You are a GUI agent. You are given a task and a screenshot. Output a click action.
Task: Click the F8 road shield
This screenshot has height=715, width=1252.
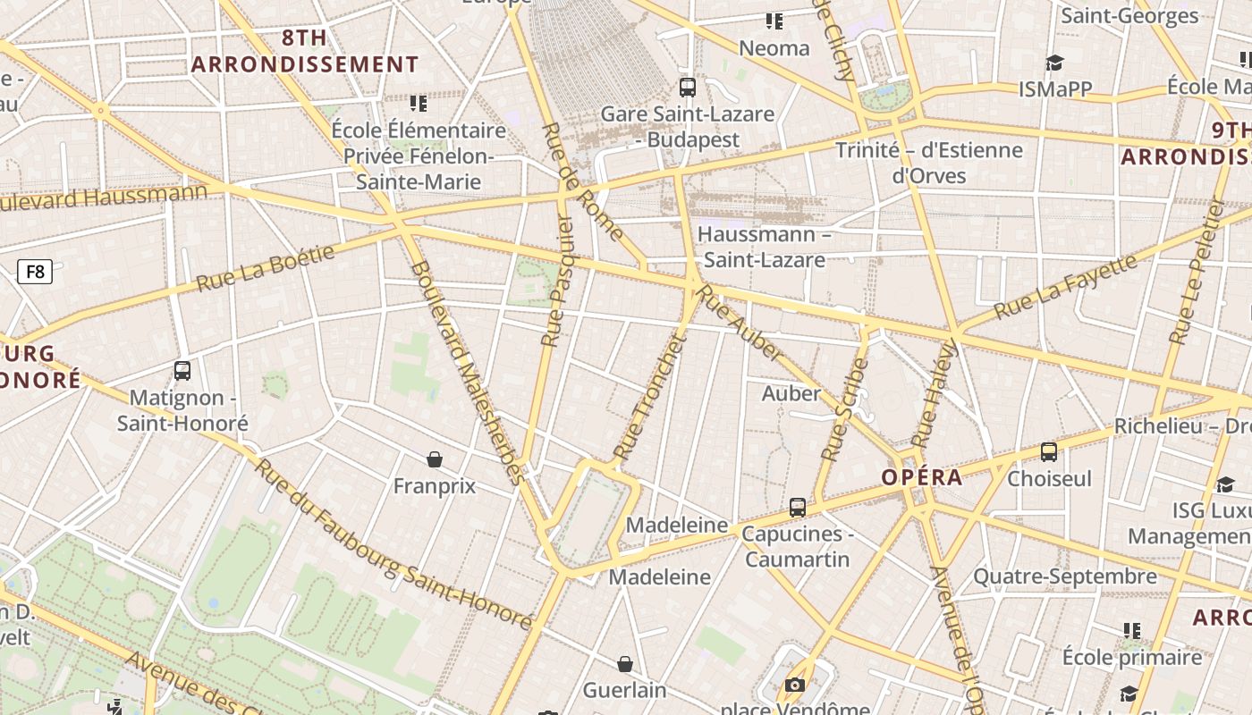point(35,271)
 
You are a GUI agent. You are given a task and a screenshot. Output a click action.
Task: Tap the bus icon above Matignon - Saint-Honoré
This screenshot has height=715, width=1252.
point(182,370)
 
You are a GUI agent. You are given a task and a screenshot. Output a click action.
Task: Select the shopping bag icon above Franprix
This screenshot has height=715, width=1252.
point(435,459)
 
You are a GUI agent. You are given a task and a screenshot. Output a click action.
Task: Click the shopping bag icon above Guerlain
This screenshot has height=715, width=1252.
point(625,664)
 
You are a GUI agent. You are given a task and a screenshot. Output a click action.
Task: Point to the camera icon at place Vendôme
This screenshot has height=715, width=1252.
point(794,686)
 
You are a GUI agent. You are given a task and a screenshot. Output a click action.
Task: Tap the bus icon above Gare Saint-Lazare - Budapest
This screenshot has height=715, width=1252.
point(687,88)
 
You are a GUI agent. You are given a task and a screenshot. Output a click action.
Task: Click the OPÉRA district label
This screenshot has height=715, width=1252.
point(922,477)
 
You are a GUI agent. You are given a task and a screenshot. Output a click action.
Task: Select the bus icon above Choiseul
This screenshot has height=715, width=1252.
point(1049,452)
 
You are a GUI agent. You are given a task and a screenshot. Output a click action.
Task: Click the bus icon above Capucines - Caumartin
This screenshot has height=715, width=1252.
point(798,508)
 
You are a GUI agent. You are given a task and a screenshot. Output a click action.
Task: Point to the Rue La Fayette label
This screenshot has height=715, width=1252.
point(1065,286)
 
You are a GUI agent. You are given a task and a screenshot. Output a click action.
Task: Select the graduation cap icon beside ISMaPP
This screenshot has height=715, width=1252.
point(1055,63)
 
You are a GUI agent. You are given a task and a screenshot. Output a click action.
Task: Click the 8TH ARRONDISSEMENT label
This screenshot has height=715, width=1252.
point(305,51)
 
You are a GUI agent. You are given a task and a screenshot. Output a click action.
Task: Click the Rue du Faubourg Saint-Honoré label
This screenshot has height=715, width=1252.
point(393,545)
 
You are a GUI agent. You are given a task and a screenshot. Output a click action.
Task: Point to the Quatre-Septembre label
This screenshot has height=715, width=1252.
point(1064,576)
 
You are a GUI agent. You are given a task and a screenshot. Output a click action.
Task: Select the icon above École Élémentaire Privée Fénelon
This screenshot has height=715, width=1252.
point(418,104)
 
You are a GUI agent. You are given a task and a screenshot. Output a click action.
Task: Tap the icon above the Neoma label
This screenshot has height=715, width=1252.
point(774,21)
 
